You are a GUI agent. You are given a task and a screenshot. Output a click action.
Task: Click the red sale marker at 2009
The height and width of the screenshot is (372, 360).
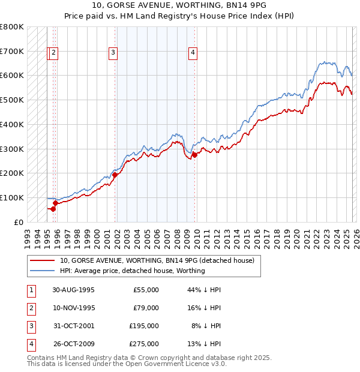(x=194, y=155)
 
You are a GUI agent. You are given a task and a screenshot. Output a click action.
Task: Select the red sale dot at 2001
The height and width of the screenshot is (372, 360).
(x=115, y=175)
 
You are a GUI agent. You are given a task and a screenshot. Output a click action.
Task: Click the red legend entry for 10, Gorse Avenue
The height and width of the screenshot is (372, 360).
(x=157, y=260)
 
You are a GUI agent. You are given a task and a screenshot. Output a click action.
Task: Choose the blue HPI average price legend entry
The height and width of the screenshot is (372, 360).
(x=132, y=271)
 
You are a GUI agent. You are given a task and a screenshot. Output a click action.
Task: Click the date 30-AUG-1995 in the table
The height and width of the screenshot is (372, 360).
(x=73, y=290)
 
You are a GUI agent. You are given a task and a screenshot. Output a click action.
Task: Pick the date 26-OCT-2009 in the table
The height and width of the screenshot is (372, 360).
(x=73, y=344)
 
